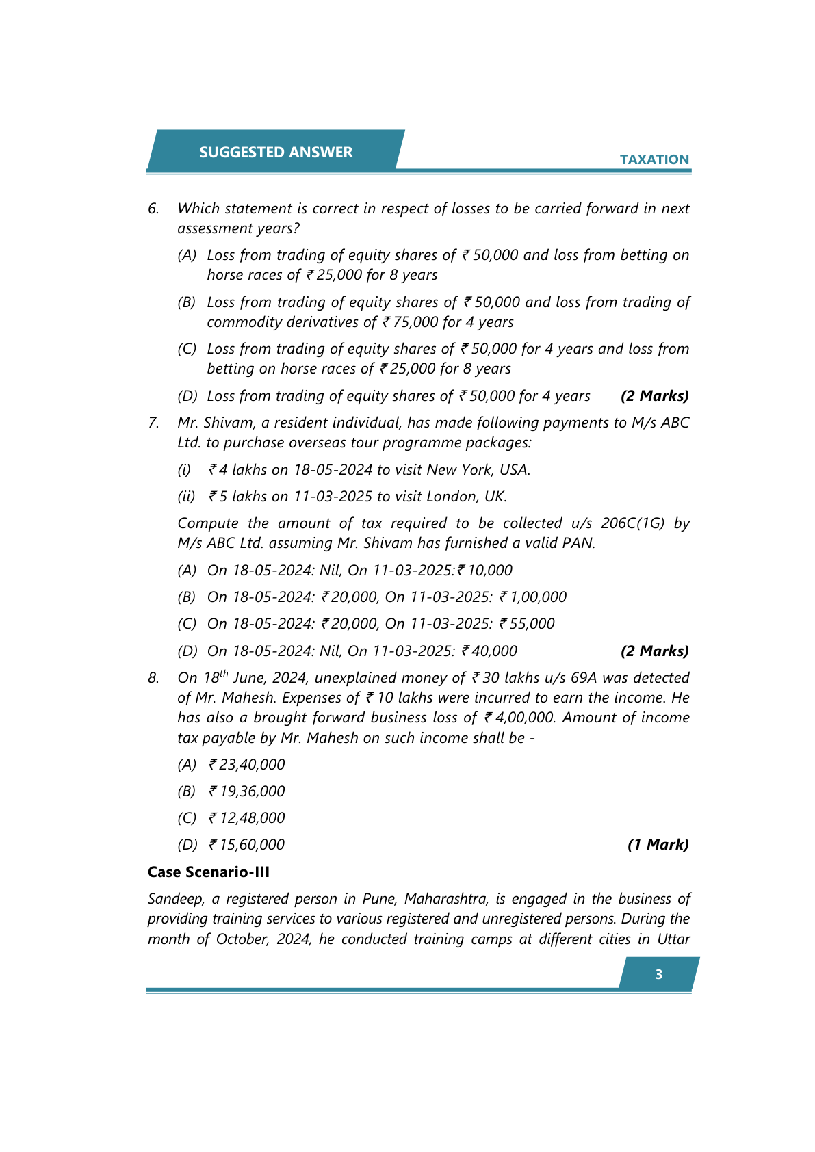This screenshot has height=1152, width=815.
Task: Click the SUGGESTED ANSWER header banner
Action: (x=276, y=152)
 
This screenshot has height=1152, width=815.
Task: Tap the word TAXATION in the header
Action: (x=654, y=159)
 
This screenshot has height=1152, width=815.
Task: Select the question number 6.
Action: (x=153, y=209)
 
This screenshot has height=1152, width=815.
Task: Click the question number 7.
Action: (x=153, y=423)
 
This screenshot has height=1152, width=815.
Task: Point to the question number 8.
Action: (x=153, y=678)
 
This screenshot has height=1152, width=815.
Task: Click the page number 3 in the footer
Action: (x=658, y=974)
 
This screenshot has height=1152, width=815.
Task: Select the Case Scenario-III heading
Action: (x=209, y=872)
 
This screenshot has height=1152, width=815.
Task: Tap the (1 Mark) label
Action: (x=658, y=845)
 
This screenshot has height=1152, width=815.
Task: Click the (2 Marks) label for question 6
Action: (x=654, y=396)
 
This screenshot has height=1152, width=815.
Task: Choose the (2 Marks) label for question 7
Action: (x=654, y=651)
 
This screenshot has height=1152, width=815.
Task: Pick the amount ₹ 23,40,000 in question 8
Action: (x=247, y=765)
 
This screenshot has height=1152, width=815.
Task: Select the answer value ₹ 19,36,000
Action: (x=247, y=791)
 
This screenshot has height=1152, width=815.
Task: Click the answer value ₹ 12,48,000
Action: (x=247, y=818)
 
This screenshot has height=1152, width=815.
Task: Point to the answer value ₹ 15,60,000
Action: (x=247, y=845)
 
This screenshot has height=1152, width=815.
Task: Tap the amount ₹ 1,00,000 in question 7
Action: (x=533, y=597)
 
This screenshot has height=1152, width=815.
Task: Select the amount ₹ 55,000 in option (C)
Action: (x=527, y=624)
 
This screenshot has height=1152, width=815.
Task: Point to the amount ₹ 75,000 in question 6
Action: (x=413, y=322)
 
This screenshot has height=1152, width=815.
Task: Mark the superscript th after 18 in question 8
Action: (x=224, y=673)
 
